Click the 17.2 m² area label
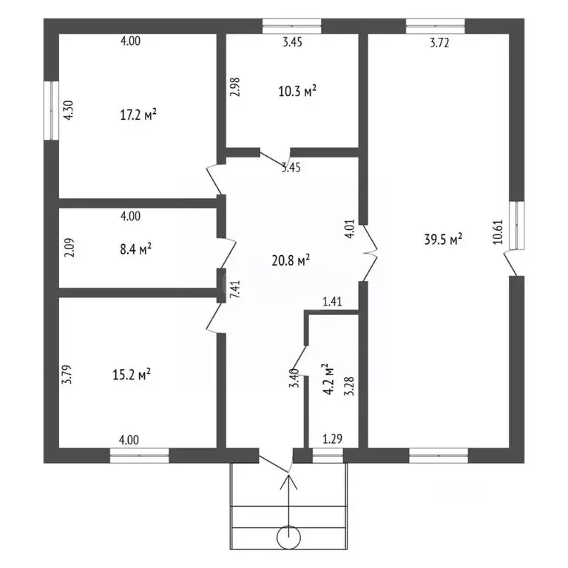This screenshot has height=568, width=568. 138,115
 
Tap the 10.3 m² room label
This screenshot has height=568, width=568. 297,91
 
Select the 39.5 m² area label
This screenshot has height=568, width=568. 443,240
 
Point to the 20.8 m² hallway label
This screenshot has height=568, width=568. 291,260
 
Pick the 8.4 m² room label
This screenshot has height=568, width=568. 135,249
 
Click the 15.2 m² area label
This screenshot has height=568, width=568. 132,374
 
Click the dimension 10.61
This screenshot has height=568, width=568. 498,231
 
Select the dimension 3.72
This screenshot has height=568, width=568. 439,43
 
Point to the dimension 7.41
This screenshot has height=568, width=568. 235,289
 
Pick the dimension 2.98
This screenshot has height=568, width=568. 235,87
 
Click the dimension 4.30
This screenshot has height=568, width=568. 68,109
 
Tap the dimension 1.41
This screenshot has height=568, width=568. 332,302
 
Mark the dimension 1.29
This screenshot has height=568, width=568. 332,439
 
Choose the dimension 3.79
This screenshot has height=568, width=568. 68,374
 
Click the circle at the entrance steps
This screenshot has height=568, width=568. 288,538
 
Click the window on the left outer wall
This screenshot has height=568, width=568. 51,110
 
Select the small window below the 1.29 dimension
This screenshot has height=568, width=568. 328,456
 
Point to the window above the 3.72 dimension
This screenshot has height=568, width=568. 436,26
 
